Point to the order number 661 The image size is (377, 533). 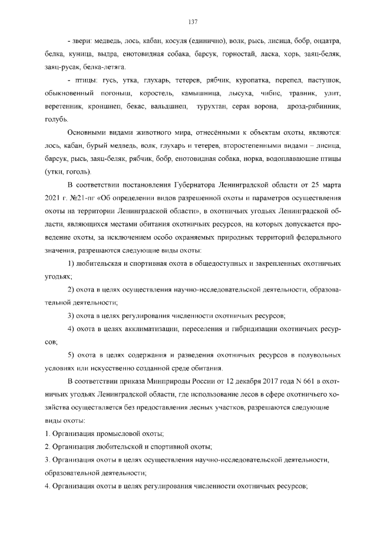307,382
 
